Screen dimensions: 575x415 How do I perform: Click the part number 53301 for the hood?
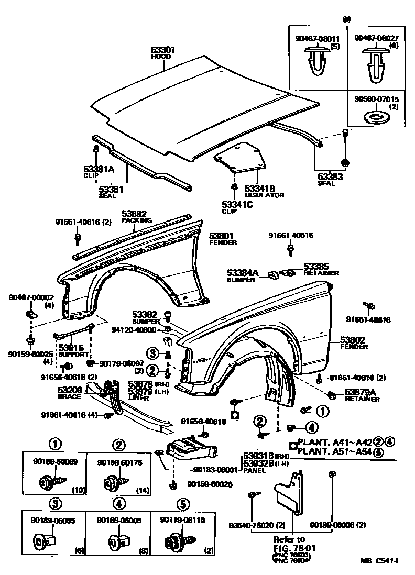[163, 50]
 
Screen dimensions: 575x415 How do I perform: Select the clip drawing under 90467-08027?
[374, 67]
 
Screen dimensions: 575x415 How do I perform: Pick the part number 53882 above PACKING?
[134, 214]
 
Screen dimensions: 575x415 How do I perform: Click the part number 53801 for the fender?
[221, 236]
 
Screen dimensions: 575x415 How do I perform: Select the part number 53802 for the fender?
[353, 339]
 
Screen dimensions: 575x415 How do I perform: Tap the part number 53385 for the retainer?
[316, 266]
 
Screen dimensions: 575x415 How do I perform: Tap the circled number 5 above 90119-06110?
[182, 504]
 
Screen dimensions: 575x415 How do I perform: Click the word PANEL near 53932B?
[255, 470]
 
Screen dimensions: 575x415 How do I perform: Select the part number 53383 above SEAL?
[330, 177]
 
